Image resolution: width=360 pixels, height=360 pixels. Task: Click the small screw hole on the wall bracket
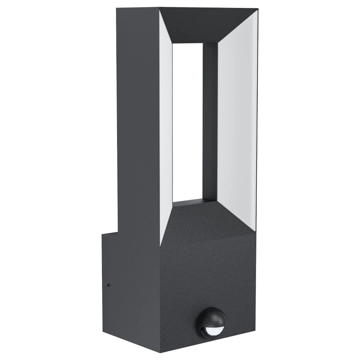[x=109, y=285]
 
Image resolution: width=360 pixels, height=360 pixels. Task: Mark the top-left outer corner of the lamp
[x=117, y=8]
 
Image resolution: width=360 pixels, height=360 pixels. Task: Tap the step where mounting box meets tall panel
[x=118, y=233]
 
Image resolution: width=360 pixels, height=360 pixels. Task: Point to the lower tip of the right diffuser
[x=255, y=230]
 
